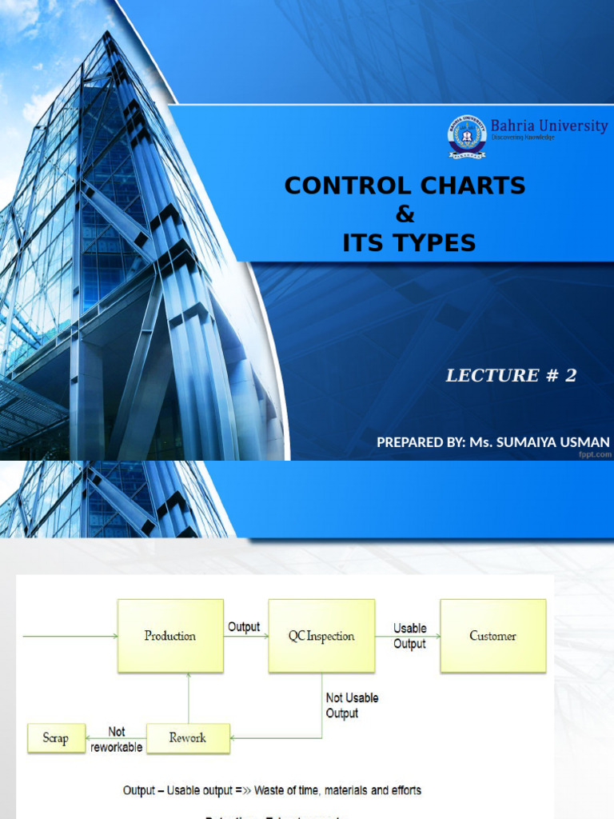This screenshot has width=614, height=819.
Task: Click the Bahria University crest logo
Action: tap(466, 136)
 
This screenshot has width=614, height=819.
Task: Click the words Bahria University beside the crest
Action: tap(548, 126)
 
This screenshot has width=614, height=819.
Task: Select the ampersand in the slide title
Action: tap(406, 214)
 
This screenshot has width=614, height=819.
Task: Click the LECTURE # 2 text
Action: tap(511, 376)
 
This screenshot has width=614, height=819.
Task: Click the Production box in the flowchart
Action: tap(169, 636)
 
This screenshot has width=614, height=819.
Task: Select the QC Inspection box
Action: tap(321, 636)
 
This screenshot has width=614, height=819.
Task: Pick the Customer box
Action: tap(492, 636)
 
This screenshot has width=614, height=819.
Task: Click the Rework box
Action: tap(188, 737)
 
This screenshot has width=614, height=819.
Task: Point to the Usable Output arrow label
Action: tap(410, 636)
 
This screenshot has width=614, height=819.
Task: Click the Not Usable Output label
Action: tap(352, 705)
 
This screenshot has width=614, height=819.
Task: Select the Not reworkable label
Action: tap(117, 739)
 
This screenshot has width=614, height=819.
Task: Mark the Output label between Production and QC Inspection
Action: tap(244, 627)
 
